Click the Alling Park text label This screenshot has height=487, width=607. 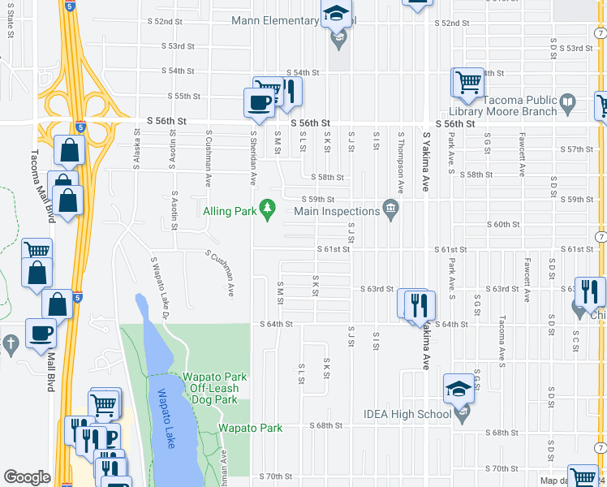point(229,212)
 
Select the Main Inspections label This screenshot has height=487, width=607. point(337,212)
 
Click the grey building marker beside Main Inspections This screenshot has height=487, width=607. point(391,211)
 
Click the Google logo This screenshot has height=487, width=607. point(27,476)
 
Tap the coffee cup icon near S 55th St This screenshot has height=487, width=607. point(260,102)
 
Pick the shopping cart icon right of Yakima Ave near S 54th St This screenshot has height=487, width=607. point(468,81)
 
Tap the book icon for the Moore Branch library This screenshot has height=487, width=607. point(568,103)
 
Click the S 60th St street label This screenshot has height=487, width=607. point(502,224)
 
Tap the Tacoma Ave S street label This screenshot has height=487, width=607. point(502,337)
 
